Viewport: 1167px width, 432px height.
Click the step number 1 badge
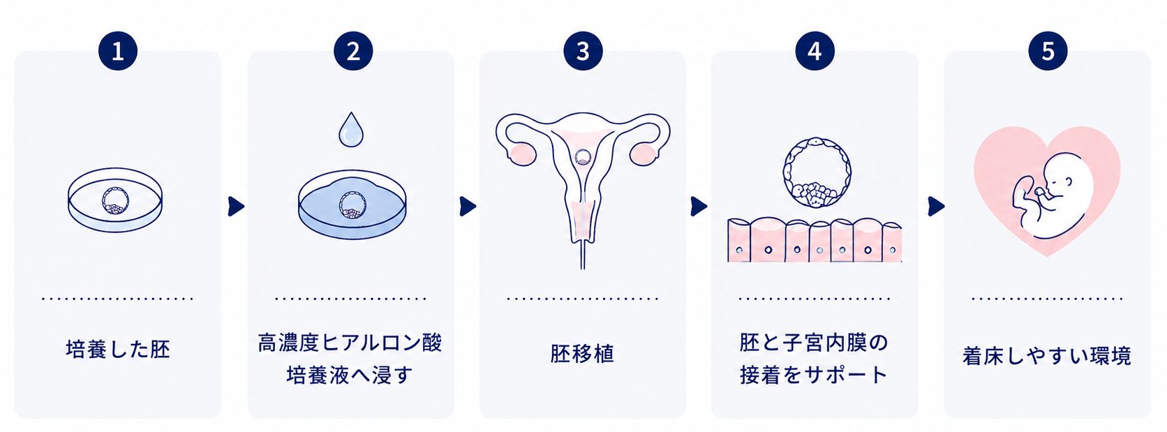tap(118, 51)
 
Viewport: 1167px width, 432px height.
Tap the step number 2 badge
tap(353, 51)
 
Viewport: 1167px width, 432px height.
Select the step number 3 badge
tap(583, 51)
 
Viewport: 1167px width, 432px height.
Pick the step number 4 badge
tap(815, 51)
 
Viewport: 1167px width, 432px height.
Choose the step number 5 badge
tap(1048, 51)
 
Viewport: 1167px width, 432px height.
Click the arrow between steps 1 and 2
tap(235, 207)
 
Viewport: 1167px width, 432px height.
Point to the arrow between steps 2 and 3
tap(468, 207)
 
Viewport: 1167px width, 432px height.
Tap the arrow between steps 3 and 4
tap(699, 207)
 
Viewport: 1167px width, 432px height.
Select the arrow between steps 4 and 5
tap(936, 207)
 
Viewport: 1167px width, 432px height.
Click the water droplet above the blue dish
tap(351, 131)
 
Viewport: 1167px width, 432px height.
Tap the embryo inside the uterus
tap(583, 157)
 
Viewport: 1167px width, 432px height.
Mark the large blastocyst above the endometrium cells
tap(817, 172)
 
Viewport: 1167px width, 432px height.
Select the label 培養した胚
tap(118, 349)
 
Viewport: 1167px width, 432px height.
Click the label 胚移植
tap(583, 353)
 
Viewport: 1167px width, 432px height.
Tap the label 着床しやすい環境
tap(1047, 357)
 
